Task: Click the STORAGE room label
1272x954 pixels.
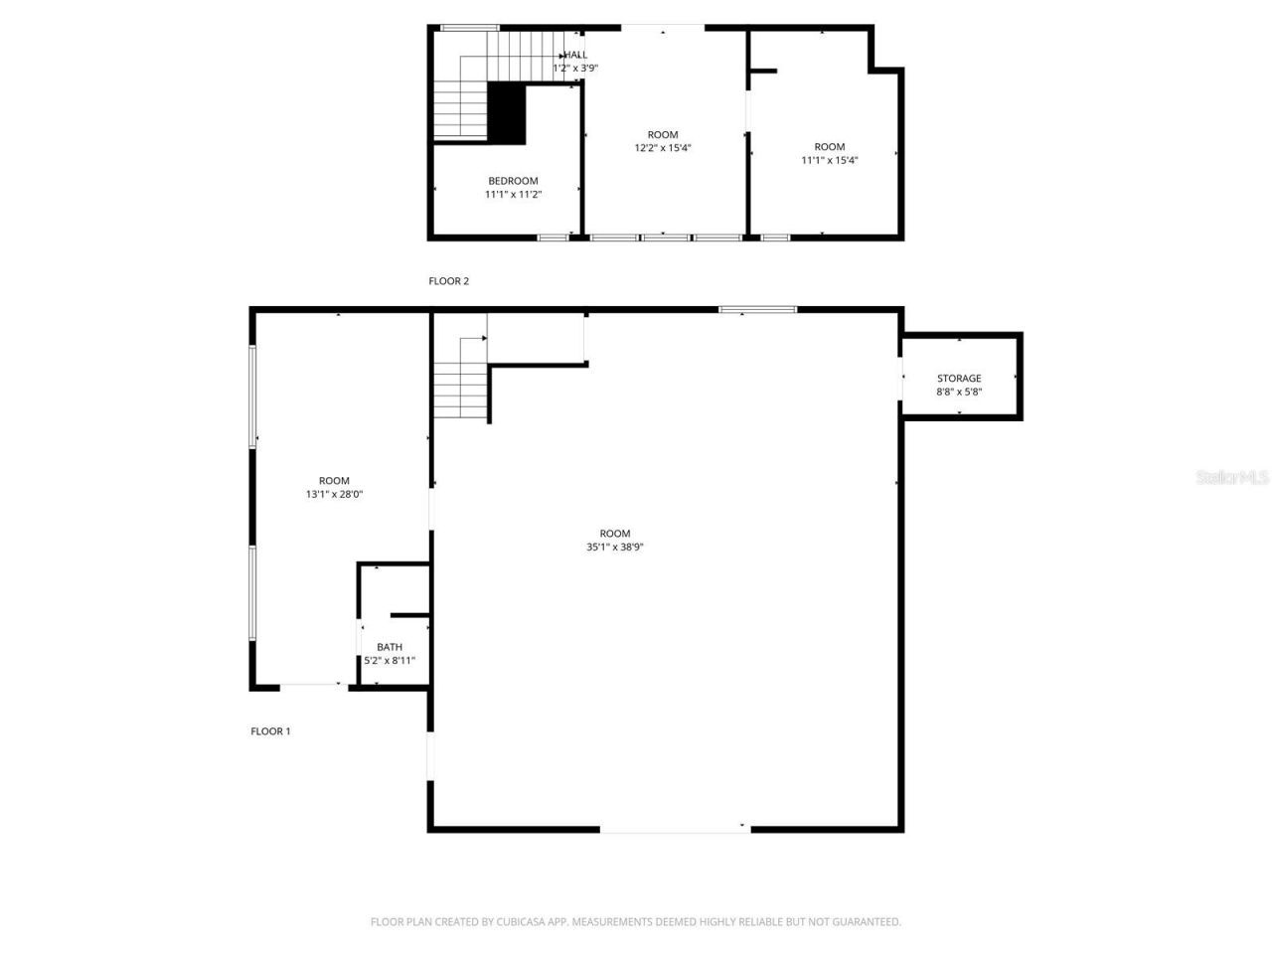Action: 959,379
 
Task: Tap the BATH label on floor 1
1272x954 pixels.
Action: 390,647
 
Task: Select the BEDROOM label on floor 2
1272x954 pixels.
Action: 513,181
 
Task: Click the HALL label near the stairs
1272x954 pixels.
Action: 576,56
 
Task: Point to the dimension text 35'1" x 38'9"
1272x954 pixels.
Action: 615,547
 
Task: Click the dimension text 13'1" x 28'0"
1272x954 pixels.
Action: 334,494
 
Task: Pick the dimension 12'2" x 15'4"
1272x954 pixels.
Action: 663,148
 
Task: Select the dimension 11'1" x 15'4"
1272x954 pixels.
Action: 830,160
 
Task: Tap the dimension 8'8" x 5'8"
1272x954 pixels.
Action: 959,392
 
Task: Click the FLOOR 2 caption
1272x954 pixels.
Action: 448,281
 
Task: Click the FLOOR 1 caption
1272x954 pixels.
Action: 270,731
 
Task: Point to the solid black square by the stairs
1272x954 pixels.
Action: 507,113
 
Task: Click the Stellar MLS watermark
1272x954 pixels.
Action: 1232,478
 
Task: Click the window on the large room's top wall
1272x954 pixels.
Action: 758,310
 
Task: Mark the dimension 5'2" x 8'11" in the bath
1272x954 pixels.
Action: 390,660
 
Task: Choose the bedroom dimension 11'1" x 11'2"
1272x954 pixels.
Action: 513,195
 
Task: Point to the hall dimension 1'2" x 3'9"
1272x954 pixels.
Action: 575,69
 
